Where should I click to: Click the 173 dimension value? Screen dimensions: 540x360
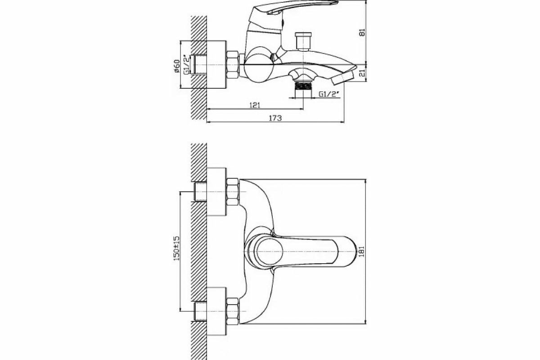[x=275, y=118]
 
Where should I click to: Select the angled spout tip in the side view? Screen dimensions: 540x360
[x=344, y=78]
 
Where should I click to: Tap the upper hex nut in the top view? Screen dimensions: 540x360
[x=232, y=192]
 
